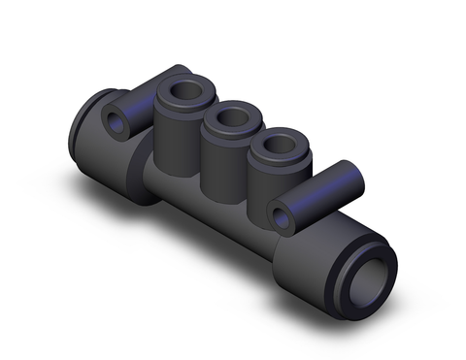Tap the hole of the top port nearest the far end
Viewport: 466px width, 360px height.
click(182, 95)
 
